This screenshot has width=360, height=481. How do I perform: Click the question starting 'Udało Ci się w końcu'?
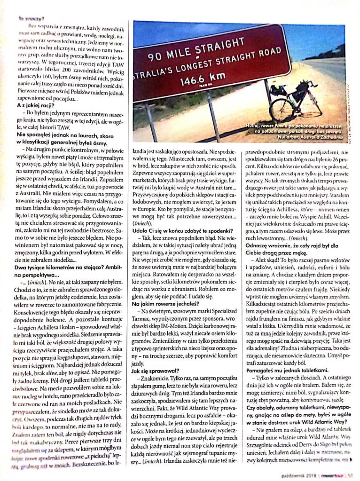pyautogui.click(x=183, y=230)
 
